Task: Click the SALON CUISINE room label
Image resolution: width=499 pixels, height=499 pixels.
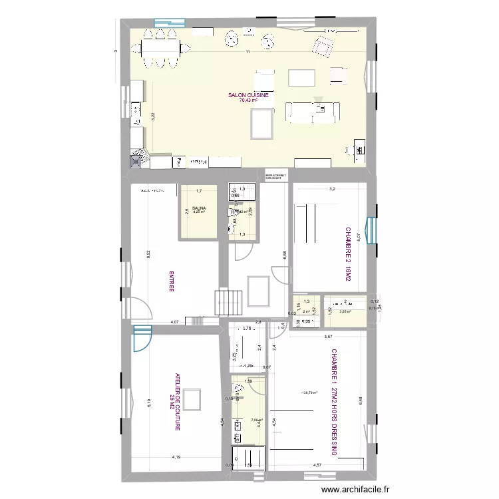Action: (249, 96)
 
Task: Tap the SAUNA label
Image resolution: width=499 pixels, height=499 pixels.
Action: (198, 208)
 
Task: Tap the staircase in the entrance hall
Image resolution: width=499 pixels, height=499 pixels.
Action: (224, 302)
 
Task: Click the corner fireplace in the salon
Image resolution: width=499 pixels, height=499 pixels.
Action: (138, 157)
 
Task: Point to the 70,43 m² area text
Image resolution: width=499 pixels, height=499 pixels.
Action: (249, 101)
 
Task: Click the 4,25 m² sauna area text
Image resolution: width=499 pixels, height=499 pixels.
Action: (198, 213)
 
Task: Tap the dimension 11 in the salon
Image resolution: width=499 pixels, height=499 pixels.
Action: (246, 52)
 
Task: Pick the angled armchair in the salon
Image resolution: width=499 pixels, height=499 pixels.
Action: (323, 46)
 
